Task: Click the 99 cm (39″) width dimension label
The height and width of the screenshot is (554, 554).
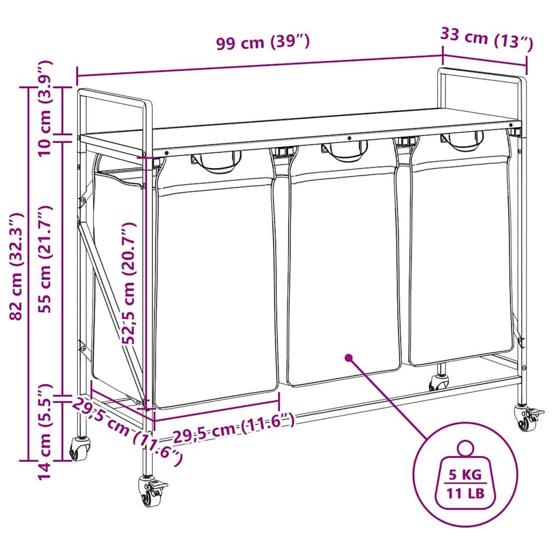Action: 263,42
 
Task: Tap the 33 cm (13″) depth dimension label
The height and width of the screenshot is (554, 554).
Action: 487,39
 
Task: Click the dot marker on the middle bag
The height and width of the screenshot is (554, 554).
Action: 348,358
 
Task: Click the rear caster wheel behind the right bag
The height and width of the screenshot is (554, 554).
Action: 438,383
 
